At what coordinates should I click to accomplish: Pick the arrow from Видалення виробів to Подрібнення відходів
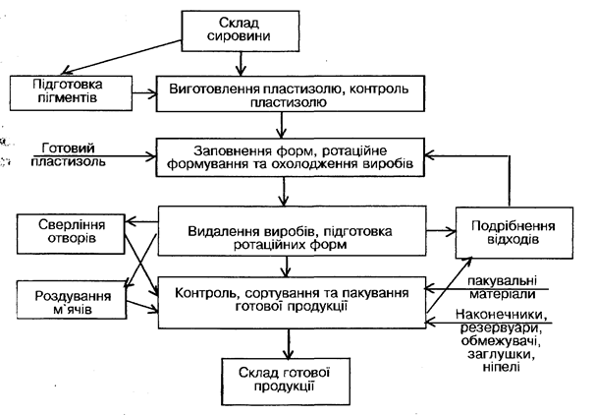[x=432, y=231]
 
